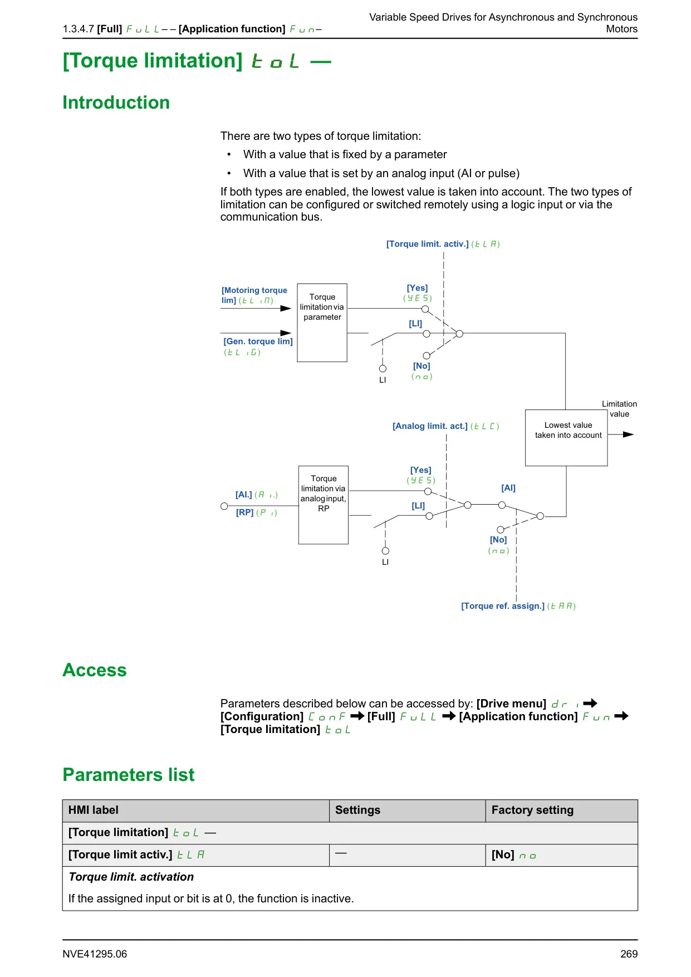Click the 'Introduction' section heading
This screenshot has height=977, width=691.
(116, 102)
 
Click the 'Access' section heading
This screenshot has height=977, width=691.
(95, 670)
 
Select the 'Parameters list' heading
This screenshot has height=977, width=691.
(129, 775)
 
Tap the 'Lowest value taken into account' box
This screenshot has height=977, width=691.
(566, 438)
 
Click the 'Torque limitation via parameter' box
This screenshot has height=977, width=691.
(322, 323)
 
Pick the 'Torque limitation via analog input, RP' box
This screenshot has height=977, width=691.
(324, 505)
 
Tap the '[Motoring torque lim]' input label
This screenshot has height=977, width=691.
(254, 295)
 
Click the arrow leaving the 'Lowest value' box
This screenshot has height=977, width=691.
(621, 434)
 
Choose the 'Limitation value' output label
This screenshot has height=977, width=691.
(619, 409)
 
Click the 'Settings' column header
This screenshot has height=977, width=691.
(357, 810)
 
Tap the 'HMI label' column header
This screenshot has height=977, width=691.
(94, 810)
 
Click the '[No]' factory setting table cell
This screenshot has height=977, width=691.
(561, 855)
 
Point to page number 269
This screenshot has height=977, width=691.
(629, 954)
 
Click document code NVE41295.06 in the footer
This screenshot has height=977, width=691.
(95, 954)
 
